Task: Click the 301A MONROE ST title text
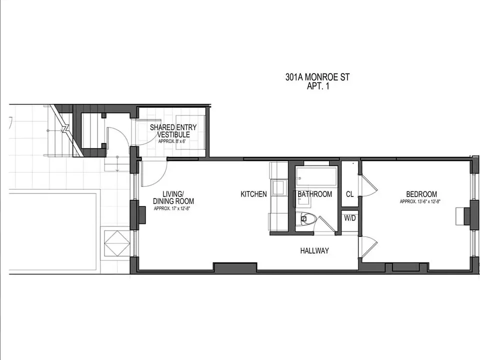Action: (317, 77)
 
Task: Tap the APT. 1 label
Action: (318, 86)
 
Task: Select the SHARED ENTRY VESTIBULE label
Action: (173, 130)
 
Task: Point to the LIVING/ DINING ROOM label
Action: (173, 197)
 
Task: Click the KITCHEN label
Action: (254, 194)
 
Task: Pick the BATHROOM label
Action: (314, 194)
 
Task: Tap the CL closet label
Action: (349, 194)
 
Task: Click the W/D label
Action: (350, 218)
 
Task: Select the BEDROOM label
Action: (421, 194)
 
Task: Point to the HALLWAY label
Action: (314, 250)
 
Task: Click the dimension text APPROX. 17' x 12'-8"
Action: (172, 209)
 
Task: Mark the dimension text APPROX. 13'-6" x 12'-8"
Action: (420, 201)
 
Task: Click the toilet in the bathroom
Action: (306, 218)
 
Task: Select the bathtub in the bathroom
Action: (316, 176)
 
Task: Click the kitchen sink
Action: (279, 187)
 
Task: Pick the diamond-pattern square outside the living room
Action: (117, 243)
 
